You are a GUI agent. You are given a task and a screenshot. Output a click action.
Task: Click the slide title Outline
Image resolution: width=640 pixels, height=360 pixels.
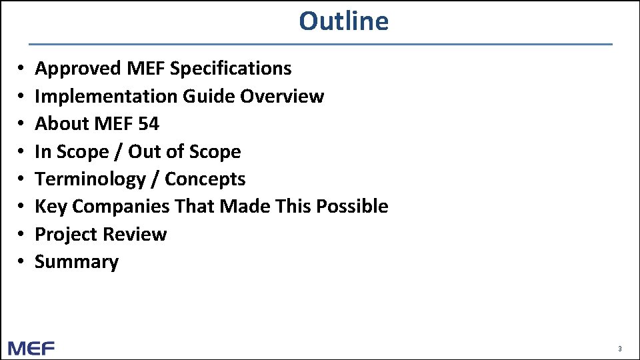(x=343, y=21)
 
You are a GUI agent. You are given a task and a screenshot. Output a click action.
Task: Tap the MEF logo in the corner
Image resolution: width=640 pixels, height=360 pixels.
(x=31, y=348)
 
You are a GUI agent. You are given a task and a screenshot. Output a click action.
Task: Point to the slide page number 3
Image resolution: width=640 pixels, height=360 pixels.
(x=620, y=349)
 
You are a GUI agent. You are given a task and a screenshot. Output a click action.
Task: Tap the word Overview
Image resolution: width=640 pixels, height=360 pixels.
(x=282, y=96)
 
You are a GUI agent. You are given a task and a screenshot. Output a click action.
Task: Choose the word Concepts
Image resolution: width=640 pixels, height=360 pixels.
(x=205, y=179)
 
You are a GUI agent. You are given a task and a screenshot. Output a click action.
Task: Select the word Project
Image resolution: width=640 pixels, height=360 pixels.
(x=65, y=234)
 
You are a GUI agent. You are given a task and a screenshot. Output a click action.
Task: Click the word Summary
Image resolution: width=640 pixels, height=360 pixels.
(x=77, y=262)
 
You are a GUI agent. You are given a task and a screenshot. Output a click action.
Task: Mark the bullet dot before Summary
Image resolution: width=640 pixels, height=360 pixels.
(x=22, y=262)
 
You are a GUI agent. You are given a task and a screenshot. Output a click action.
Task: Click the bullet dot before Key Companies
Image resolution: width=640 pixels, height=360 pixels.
(x=22, y=207)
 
